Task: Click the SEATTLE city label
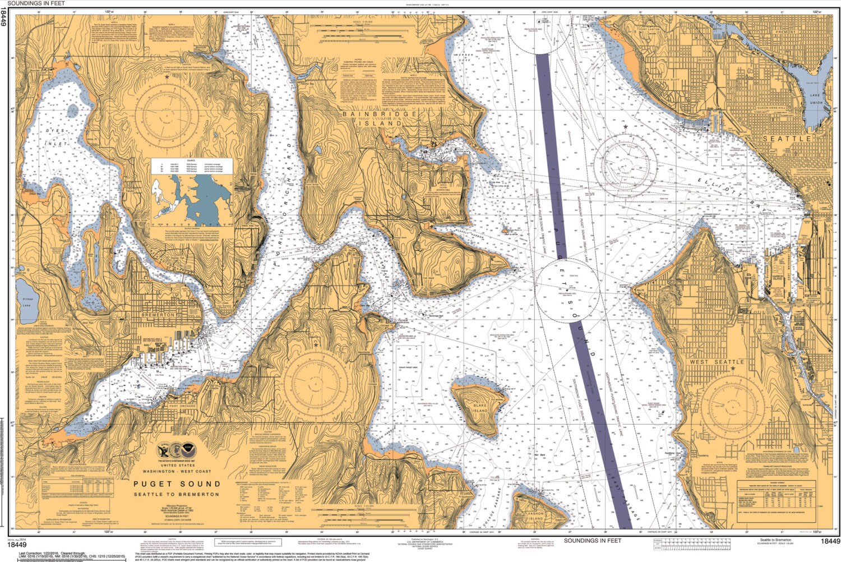[x=787, y=138]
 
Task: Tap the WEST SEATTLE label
[x=717, y=362]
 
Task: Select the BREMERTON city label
[x=159, y=315]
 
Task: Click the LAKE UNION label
[x=816, y=99]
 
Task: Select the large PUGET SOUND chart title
[x=177, y=483]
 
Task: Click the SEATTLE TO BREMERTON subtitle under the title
[x=177, y=494]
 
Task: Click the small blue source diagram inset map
[x=191, y=199]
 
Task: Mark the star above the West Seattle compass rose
[x=732, y=368]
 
